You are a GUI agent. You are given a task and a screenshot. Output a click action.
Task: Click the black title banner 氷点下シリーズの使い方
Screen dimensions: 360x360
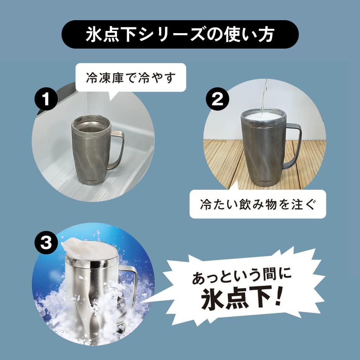point(180,35)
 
